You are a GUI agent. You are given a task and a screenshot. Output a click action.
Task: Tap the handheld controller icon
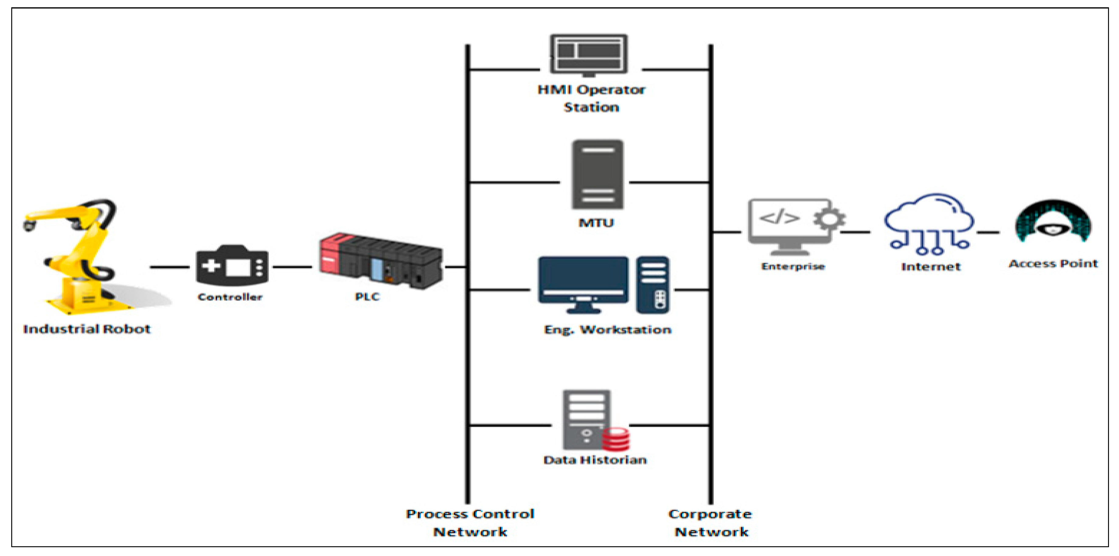tap(232, 266)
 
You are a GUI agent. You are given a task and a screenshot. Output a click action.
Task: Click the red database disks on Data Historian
tap(616, 439)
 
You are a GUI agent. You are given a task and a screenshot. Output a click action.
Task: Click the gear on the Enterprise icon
tap(829, 219)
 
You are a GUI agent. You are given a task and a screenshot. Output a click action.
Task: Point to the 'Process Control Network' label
tap(470, 523)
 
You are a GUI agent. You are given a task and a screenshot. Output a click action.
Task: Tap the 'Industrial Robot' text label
tap(87, 329)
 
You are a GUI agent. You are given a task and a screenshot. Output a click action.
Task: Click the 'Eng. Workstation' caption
tap(607, 330)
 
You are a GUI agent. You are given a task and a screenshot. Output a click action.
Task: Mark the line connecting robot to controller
tap(169, 267)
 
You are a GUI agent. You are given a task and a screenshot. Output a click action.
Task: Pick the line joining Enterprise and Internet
tap(855, 232)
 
